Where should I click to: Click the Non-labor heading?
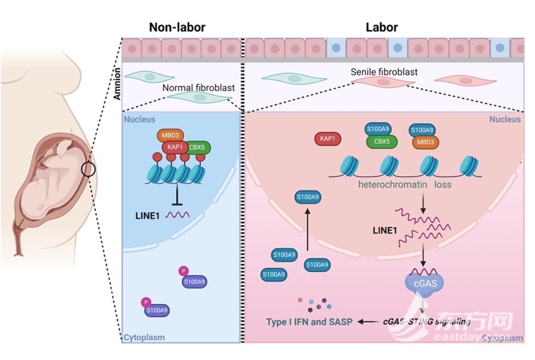(178, 27)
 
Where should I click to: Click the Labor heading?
(382, 27)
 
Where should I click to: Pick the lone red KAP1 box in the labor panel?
(326, 138)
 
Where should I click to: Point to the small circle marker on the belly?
(89, 170)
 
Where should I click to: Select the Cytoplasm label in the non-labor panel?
(144, 337)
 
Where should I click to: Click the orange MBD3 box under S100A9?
(422, 141)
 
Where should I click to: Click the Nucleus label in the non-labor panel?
(140, 119)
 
